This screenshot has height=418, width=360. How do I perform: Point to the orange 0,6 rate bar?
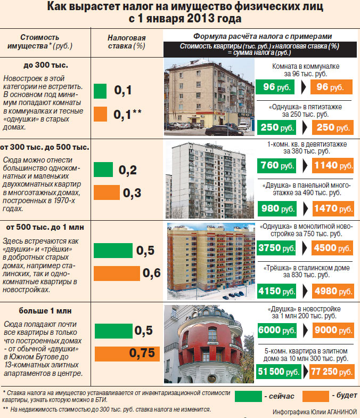pyautogui.click(x=117, y=274)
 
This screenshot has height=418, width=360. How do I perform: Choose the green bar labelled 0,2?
pyautogui.click(x=103, y=170)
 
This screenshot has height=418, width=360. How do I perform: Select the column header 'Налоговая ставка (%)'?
pyautogui.click(x=126, y=42)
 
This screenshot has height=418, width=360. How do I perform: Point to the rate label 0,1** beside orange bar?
pyautogui.click(x=127, y=112)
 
